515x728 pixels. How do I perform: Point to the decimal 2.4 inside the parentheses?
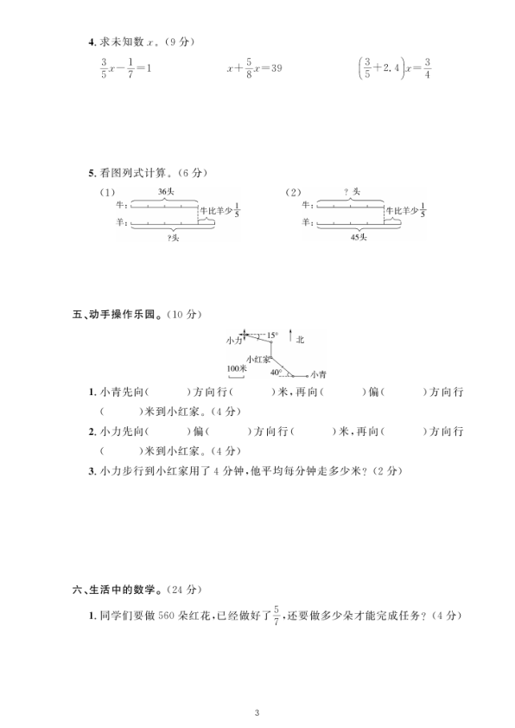click(386, 67)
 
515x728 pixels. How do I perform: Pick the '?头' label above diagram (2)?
click(352, 191)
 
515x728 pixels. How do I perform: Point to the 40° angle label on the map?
click(275, 373)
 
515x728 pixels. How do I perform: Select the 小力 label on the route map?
click(234, 341)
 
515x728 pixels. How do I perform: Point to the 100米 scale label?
click(237, 368)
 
